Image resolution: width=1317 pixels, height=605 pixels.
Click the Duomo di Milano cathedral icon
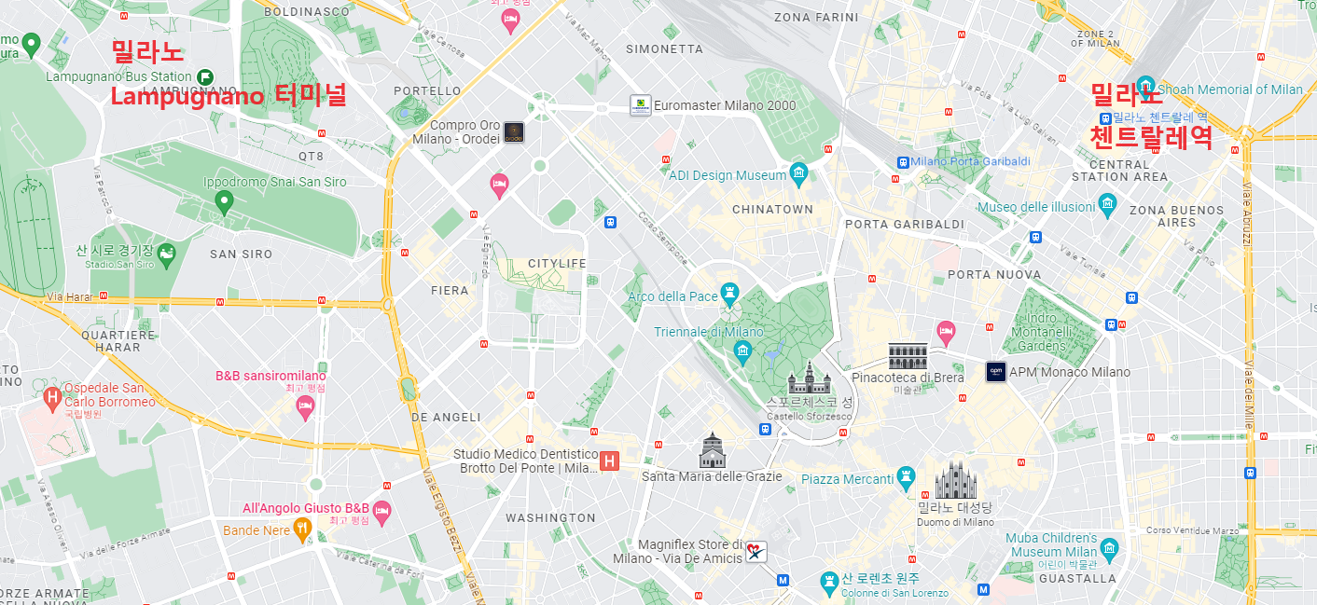pos(955,481)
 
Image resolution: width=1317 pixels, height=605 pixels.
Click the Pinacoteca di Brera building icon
pos(908,355)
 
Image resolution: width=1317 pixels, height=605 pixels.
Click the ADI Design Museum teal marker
pos(798,173)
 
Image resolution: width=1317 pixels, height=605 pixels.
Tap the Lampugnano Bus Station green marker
pos(205,76)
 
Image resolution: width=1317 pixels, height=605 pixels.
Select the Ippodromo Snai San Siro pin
pos(223,200)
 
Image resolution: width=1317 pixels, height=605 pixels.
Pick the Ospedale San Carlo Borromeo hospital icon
pos(52,398)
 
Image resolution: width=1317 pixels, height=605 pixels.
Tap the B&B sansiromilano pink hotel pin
pos(305,406)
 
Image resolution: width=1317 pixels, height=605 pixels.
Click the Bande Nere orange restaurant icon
pos(302,529)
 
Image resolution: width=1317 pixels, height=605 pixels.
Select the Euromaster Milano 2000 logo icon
pos(640,105)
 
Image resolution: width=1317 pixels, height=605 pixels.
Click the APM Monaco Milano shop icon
pos(996,372)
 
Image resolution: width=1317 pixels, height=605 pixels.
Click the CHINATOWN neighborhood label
pos(772,209)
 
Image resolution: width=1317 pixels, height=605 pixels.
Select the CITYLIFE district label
pos(557,263)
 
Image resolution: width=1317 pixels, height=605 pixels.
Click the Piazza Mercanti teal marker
pos(905,477)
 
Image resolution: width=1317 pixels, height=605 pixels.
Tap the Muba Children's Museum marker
pos(1109,547)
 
